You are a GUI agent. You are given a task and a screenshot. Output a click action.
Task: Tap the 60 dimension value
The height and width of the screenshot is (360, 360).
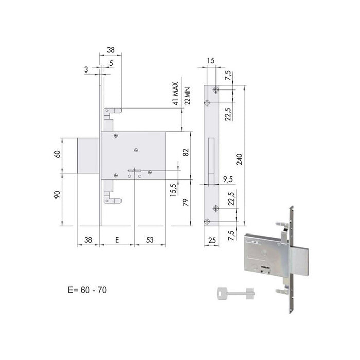59,155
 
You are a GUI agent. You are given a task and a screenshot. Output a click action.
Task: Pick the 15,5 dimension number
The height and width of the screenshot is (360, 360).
173,188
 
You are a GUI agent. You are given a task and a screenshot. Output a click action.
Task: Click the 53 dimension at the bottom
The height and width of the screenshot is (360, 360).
150,240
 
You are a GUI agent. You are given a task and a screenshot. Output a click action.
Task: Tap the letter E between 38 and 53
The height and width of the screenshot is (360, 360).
117,240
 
